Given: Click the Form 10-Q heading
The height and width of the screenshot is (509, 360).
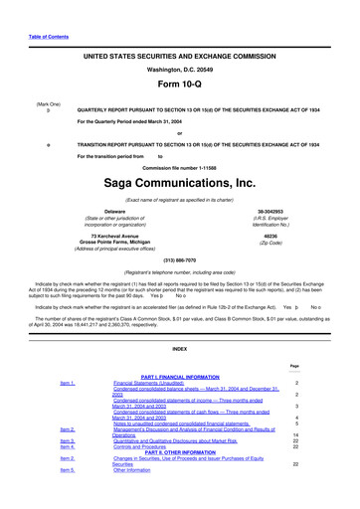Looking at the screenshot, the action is [179, 83].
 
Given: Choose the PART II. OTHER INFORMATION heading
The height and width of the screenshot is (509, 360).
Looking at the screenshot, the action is [179, 454].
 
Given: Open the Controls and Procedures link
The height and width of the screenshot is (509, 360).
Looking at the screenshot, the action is [147, 447].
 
